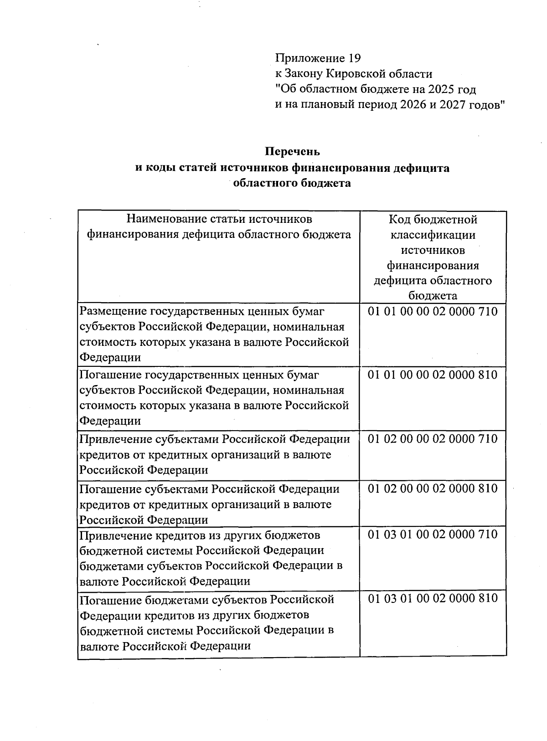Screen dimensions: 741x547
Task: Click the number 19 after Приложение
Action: click(354, 58)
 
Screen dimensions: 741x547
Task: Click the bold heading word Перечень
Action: click(292, 151)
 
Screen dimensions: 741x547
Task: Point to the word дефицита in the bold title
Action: click(422, 168)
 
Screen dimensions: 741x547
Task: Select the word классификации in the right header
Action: click(433, 235)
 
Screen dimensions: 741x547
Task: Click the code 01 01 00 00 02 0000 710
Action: click(433, 312)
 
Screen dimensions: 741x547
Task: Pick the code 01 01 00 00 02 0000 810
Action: click(433, 375)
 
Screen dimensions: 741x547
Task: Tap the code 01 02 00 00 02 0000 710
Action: click(433, 439)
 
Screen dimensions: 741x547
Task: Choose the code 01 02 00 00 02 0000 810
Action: click(433, 489)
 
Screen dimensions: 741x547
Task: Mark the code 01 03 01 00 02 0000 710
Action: click(433, 534)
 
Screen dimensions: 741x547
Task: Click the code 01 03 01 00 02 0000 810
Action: click(433, 598)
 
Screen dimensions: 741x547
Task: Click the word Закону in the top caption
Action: click(303, 74)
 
